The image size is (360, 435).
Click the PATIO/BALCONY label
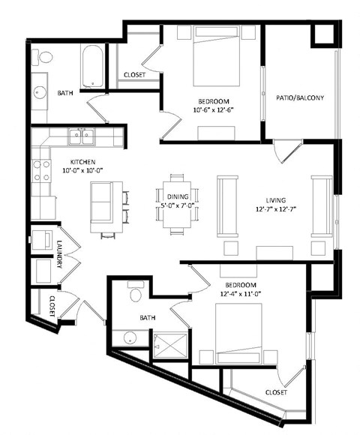300,97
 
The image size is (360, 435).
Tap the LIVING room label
277,200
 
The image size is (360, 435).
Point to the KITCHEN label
82,161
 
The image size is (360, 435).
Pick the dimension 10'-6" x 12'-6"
214,110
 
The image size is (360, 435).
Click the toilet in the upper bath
46,57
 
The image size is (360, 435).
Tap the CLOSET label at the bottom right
276,392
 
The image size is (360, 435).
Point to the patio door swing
283,152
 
